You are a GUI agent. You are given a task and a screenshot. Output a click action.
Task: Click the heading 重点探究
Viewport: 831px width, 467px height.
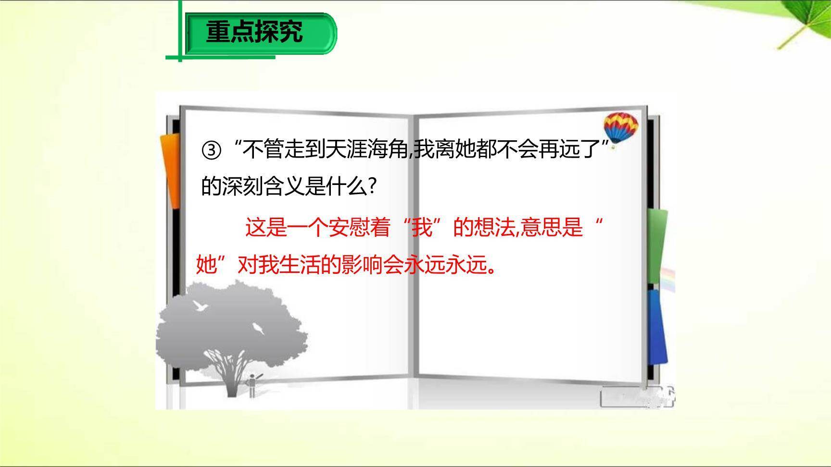[254, 32]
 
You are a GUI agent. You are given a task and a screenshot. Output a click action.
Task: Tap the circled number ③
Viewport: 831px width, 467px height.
[211, 151]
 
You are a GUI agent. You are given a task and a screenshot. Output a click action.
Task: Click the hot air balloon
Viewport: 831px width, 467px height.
[621, 127]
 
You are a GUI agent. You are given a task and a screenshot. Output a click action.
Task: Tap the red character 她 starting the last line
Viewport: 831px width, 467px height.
[206, 265]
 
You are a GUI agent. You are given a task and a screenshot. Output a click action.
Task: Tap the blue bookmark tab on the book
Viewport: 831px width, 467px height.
[657, 327]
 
